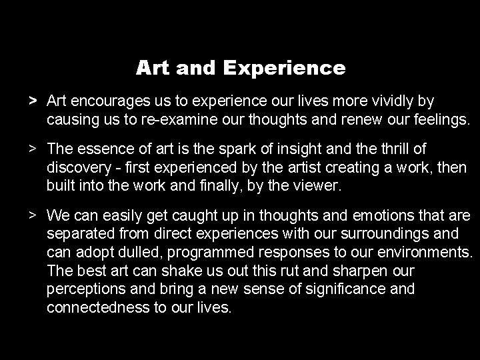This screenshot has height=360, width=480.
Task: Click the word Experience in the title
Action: click(285, 68)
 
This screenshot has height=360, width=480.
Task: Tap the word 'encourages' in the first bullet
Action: click(107, 101)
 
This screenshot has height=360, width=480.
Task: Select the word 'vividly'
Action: click(393, 101)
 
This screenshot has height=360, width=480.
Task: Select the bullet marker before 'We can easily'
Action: click(32, 216)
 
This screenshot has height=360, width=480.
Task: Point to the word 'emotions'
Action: click(360, 216)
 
